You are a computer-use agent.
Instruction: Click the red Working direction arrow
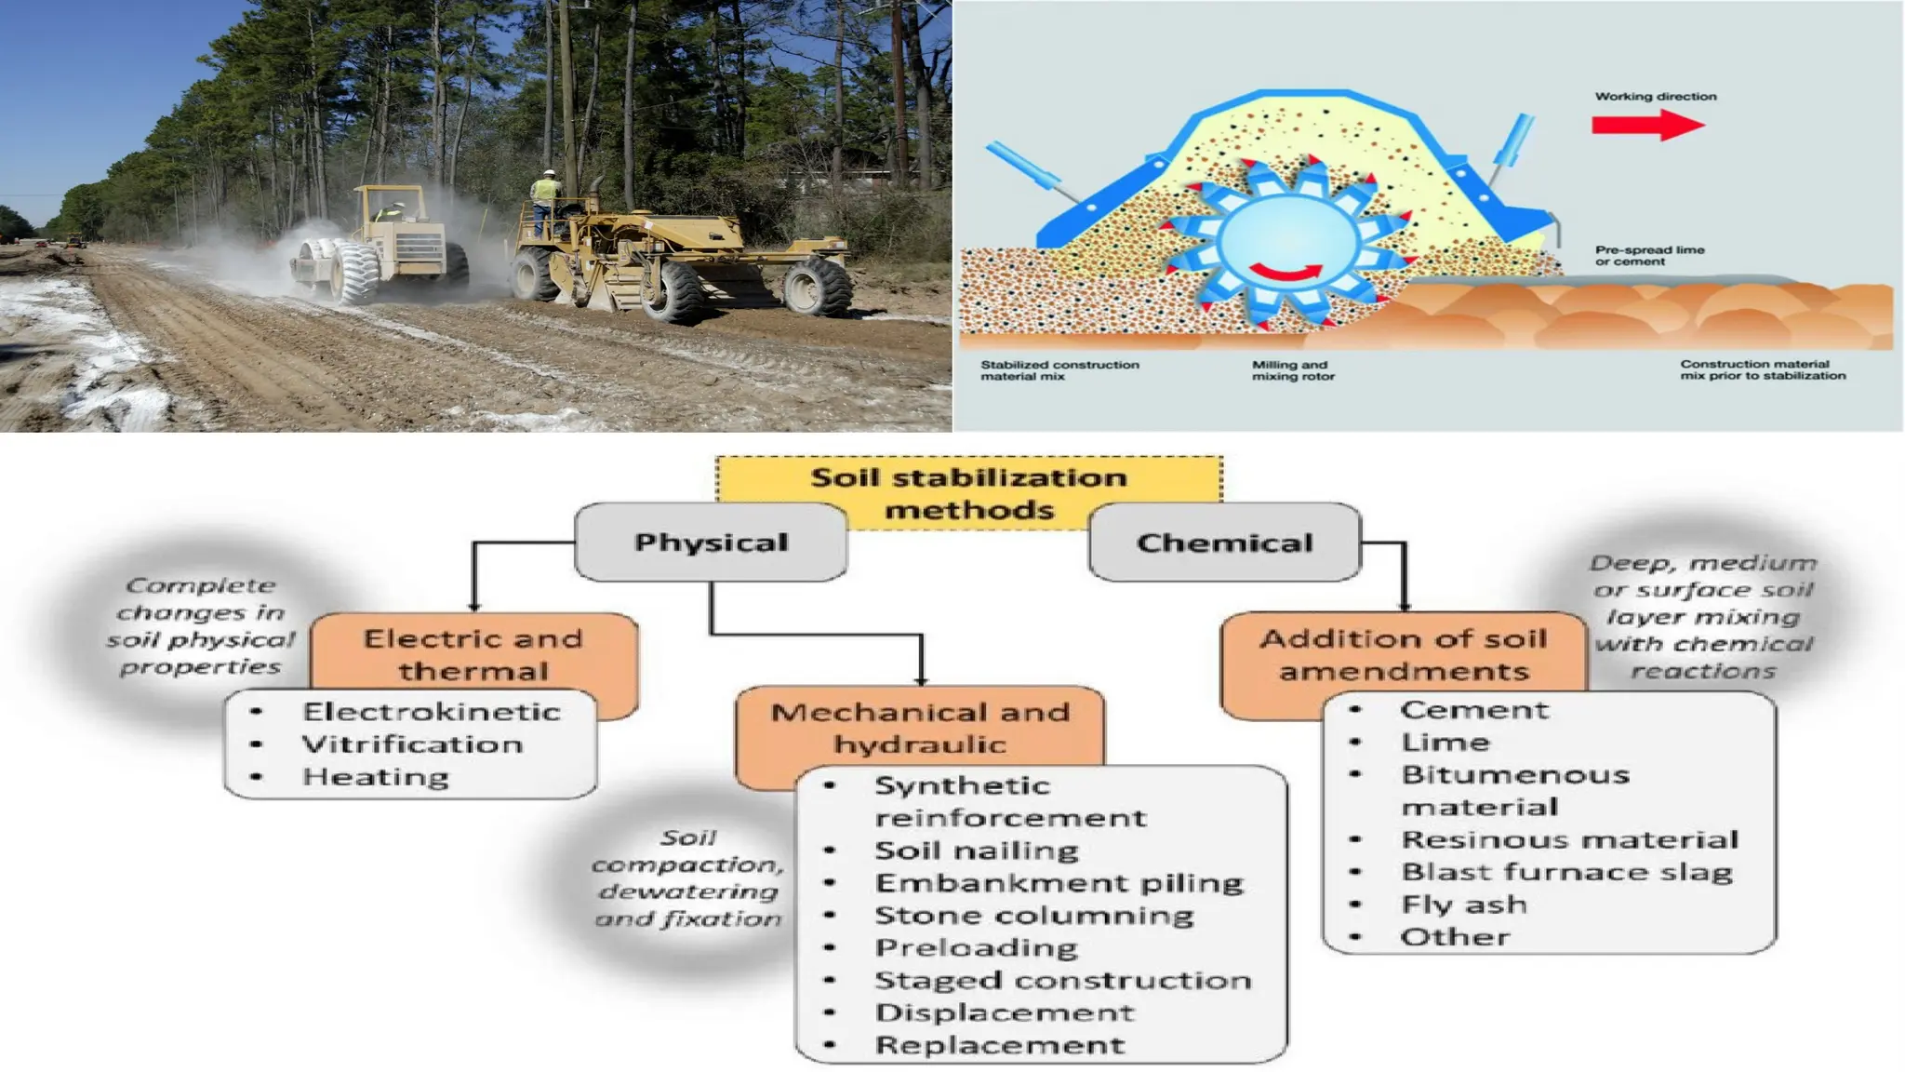[1646, 125]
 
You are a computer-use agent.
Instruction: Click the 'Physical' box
[711, 543]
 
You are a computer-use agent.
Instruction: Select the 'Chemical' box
[1224, 543]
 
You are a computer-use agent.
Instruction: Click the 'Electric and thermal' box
[473, 653]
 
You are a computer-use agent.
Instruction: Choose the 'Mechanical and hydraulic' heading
[920, 728]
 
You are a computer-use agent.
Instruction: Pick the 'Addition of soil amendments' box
[1403, 653]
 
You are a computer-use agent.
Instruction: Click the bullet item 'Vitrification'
[412, 744]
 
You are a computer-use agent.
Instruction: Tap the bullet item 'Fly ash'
[1464, 904]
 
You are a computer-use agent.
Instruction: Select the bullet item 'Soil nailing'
[977, 851]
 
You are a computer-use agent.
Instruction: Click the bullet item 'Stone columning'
[1034, 916]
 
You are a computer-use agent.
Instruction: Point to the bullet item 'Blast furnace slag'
[1567, 872]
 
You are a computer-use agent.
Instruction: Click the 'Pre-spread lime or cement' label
[1649, 255]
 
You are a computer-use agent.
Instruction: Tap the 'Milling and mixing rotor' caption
[1292, 370]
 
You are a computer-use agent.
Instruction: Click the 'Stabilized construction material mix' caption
[1059, 370]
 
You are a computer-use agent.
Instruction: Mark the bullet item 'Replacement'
[1000, 1045]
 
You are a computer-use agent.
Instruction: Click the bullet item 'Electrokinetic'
[432, 712]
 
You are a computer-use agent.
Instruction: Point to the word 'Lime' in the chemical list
[1445, 743]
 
